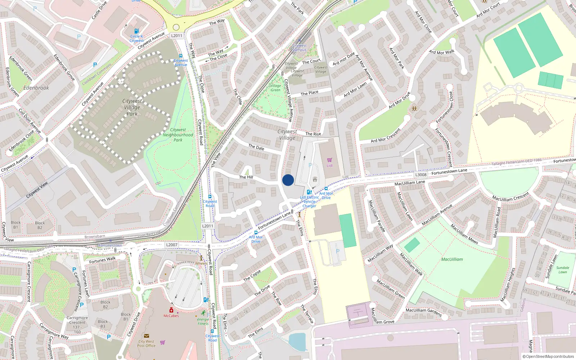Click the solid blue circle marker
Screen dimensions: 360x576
click(x=288, y=180)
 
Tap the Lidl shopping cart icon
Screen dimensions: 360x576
click(x=329, y=160)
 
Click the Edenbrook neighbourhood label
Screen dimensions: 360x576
click(x=36, y=88)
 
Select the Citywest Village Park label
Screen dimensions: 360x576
click(x=132, y=107)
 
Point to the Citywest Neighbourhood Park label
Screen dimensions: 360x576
click(x=178, y=135)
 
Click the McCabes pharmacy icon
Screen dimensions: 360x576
click(x=171, y=310)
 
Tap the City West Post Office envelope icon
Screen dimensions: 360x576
click(x=147, y=336)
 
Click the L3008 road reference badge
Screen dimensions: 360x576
click(x=421, y=175)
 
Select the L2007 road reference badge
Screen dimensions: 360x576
click(x=172, y=245)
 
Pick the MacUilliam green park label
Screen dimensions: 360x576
click(x=452, y=259)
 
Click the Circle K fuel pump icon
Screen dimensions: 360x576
click(x=136, y=31)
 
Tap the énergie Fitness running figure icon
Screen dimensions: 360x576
click(x=204, y=313)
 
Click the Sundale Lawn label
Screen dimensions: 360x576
click(x=563, y=270)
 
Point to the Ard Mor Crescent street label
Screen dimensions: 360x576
click(x=386, y=136)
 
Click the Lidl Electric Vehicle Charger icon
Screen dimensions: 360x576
click(x=309, y=192)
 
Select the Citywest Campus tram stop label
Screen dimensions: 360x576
click(x=300, y=48)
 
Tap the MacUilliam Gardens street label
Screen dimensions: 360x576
click(x=424, y=312)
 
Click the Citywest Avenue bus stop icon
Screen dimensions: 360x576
click(x=180, y=56)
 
